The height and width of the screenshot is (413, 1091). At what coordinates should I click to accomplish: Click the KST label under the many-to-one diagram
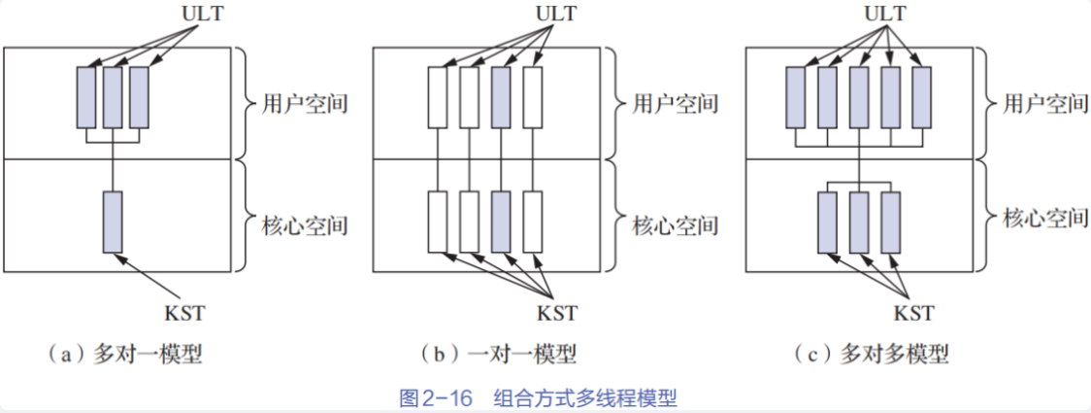click(183, 313)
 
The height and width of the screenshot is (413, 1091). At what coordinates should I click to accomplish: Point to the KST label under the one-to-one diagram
click(556, 313)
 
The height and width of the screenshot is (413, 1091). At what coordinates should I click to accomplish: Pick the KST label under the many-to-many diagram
click(913, 313)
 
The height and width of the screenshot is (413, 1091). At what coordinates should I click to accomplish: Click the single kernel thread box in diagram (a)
click(113, 223)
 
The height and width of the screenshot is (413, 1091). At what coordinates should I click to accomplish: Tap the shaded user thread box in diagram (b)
click(500, 97)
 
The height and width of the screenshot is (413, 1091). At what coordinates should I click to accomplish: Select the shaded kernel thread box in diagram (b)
click(500, 222)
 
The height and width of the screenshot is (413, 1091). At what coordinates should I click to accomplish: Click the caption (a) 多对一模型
click(124, 356)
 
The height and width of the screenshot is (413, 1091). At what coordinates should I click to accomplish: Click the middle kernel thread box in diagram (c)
click(859, 222)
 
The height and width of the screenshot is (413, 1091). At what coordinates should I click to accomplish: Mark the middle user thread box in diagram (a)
click(113, 97)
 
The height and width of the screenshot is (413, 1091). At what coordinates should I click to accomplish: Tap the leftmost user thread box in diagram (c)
click(795, 97)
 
